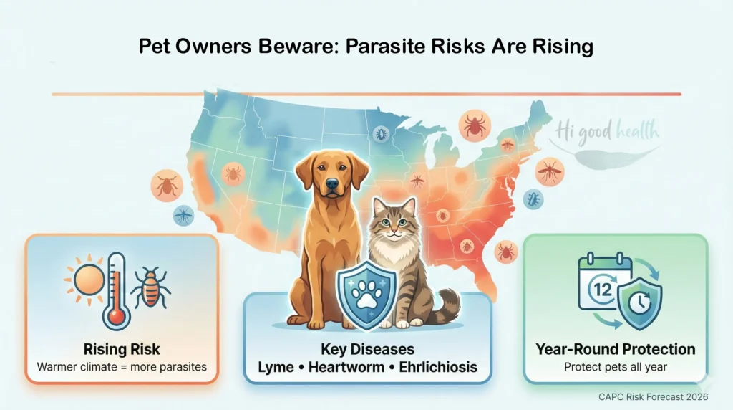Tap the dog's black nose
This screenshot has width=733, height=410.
(331, 184)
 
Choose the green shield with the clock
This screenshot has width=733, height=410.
(639, 295)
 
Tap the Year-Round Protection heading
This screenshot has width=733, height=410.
(616, 349)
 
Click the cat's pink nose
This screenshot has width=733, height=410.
(391, 233)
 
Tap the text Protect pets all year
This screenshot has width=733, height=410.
(616, 368)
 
